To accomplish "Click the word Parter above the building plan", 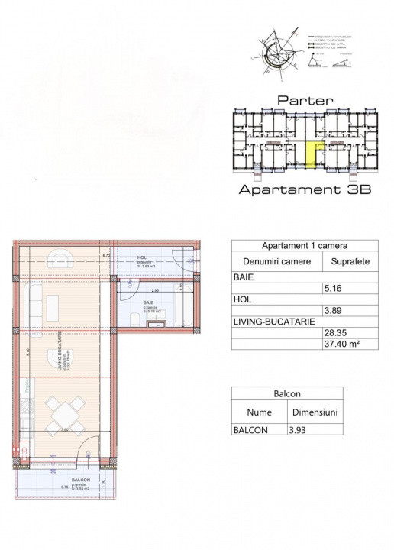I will click(305, 100).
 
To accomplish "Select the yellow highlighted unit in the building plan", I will click(312, 152).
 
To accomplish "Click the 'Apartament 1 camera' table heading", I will click(305, 247).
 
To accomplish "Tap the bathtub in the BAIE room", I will click(186, 306).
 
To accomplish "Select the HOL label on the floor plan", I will click(142, 257).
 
